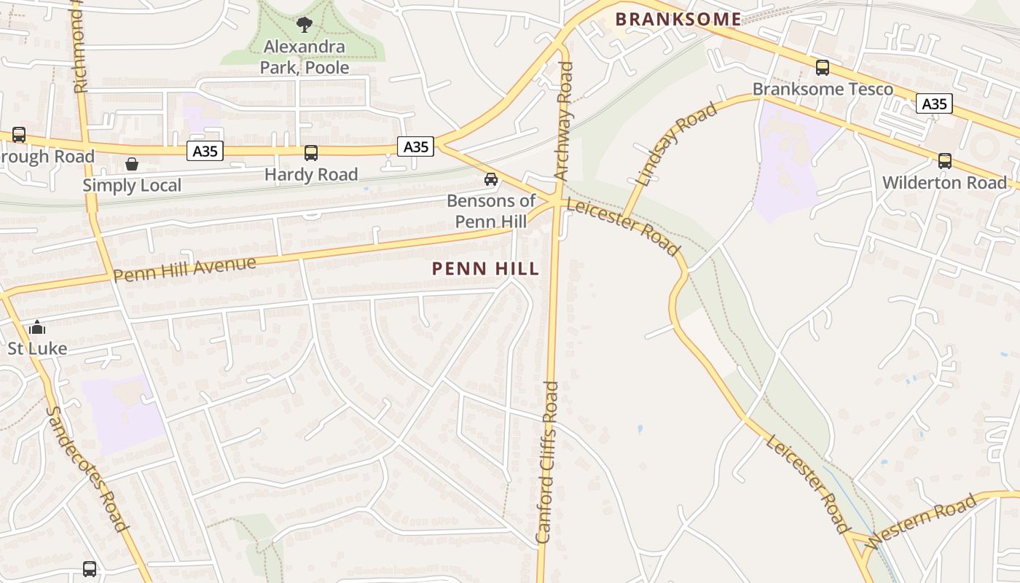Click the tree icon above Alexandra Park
coord(305,25)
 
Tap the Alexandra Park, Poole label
coord(305,58)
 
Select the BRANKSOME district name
coord(678,20)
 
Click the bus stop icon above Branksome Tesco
coord(823,68)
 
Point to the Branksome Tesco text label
coord(823,89)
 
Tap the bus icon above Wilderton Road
coord(945,161)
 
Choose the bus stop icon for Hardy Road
coord(311,153)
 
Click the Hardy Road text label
coord(311,175)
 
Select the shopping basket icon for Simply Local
coord(132,164)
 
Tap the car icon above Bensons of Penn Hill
coord(491,179)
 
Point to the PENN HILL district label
coord(486,269)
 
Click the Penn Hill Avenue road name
coord(185,269)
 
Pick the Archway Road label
coord(564,120)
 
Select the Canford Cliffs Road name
coord(547,462)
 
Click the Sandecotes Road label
coord(87,469)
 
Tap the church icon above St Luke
coord(37,327)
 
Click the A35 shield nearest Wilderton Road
coord(934,104)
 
